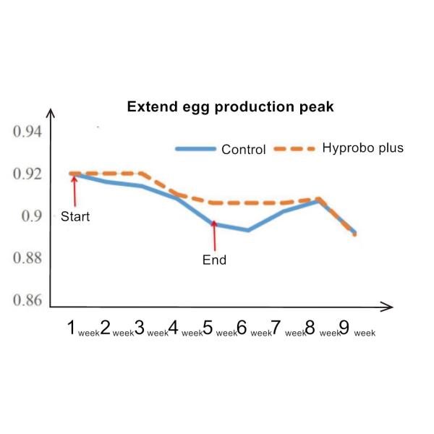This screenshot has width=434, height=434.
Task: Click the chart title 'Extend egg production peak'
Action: [x=230, y=107]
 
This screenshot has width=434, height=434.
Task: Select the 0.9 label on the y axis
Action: [x=32, y=216]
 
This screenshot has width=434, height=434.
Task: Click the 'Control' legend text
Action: [x=244, y=150]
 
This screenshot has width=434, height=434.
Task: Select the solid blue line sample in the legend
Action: [x=195, y=149]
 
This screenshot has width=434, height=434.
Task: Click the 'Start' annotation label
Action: [x=75, y=216]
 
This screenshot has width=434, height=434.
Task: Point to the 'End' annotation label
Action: [x=214, y=260]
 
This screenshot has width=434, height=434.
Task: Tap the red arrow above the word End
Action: [x=213, y=236]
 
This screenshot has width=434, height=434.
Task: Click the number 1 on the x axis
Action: [x=73, y=329]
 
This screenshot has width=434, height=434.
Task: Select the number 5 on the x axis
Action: [x=208, y=329]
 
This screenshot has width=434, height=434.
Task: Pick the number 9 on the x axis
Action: [x=344, y=329]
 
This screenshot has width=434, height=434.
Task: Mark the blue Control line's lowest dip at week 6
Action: [x=248, y=230]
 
